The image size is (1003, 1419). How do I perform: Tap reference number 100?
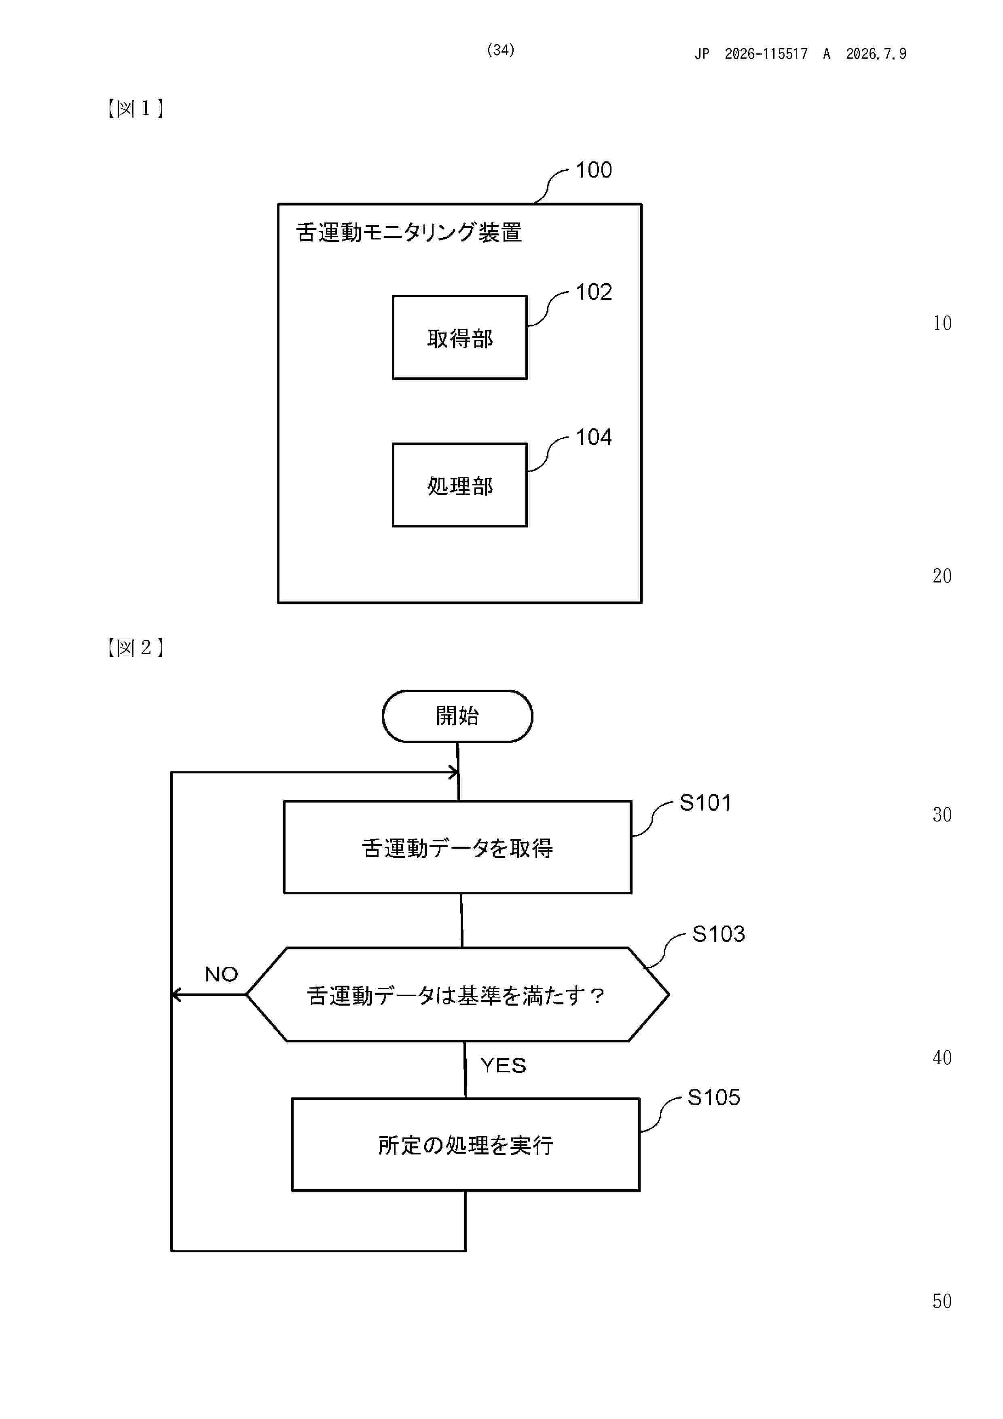click(x=593, y=170)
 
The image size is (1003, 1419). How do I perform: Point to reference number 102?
click(x=593, y=292)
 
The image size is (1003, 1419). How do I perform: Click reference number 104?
click(x=593, y=438)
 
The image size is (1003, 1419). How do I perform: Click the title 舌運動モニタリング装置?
click(x=408, y=232)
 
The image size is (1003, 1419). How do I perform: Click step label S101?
click(x=705, y=803)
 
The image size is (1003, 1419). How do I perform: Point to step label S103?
click(x=718, y=934)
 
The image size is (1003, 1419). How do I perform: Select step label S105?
click(x=714, y=1098)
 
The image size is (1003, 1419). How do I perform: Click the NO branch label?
click(x=221, y=974)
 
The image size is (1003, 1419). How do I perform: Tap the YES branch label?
click(x=503, y=1065)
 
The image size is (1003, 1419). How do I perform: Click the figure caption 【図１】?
click(x=135, y=109)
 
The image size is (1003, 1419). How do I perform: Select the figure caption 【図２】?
click(x=135, y=648)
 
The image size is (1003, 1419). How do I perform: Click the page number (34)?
click(x=501, y=50)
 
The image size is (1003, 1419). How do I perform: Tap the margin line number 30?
click(x=942, y=815)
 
